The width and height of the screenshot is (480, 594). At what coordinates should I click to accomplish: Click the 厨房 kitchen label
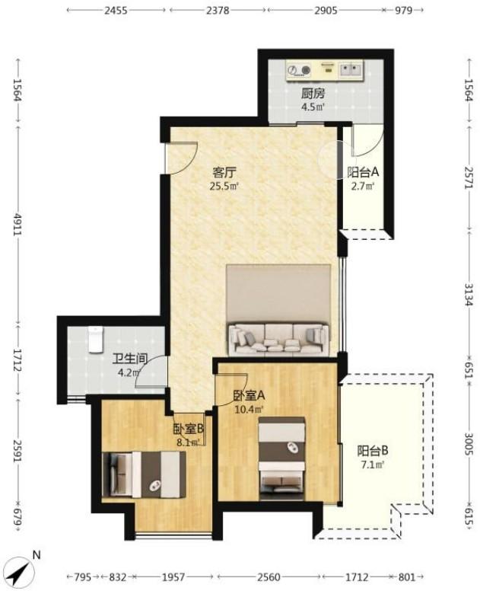313,93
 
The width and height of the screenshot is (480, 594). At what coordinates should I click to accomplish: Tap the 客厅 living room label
224,173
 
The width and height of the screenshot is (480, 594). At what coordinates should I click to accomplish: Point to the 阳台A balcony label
363,172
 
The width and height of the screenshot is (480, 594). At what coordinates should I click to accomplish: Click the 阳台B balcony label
373,451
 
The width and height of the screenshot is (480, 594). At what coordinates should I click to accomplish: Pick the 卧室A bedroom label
249,396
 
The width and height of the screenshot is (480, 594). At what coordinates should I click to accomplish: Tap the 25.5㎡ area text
224,186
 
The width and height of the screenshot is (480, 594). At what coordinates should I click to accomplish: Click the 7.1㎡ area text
373,465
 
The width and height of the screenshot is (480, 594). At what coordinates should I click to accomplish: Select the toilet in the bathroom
95,340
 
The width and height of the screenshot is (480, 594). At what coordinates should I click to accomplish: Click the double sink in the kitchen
351,69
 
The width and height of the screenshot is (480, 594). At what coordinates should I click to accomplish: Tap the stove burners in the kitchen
299,70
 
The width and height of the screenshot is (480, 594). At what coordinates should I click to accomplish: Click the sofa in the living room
278,338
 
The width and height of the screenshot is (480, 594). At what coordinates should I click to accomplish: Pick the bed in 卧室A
281,458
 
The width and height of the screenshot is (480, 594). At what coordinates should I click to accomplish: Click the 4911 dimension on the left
17,224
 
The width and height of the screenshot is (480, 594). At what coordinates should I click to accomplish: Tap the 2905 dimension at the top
326,10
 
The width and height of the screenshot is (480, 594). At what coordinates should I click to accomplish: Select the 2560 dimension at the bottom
269,577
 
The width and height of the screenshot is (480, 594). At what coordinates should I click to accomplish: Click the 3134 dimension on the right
469,295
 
